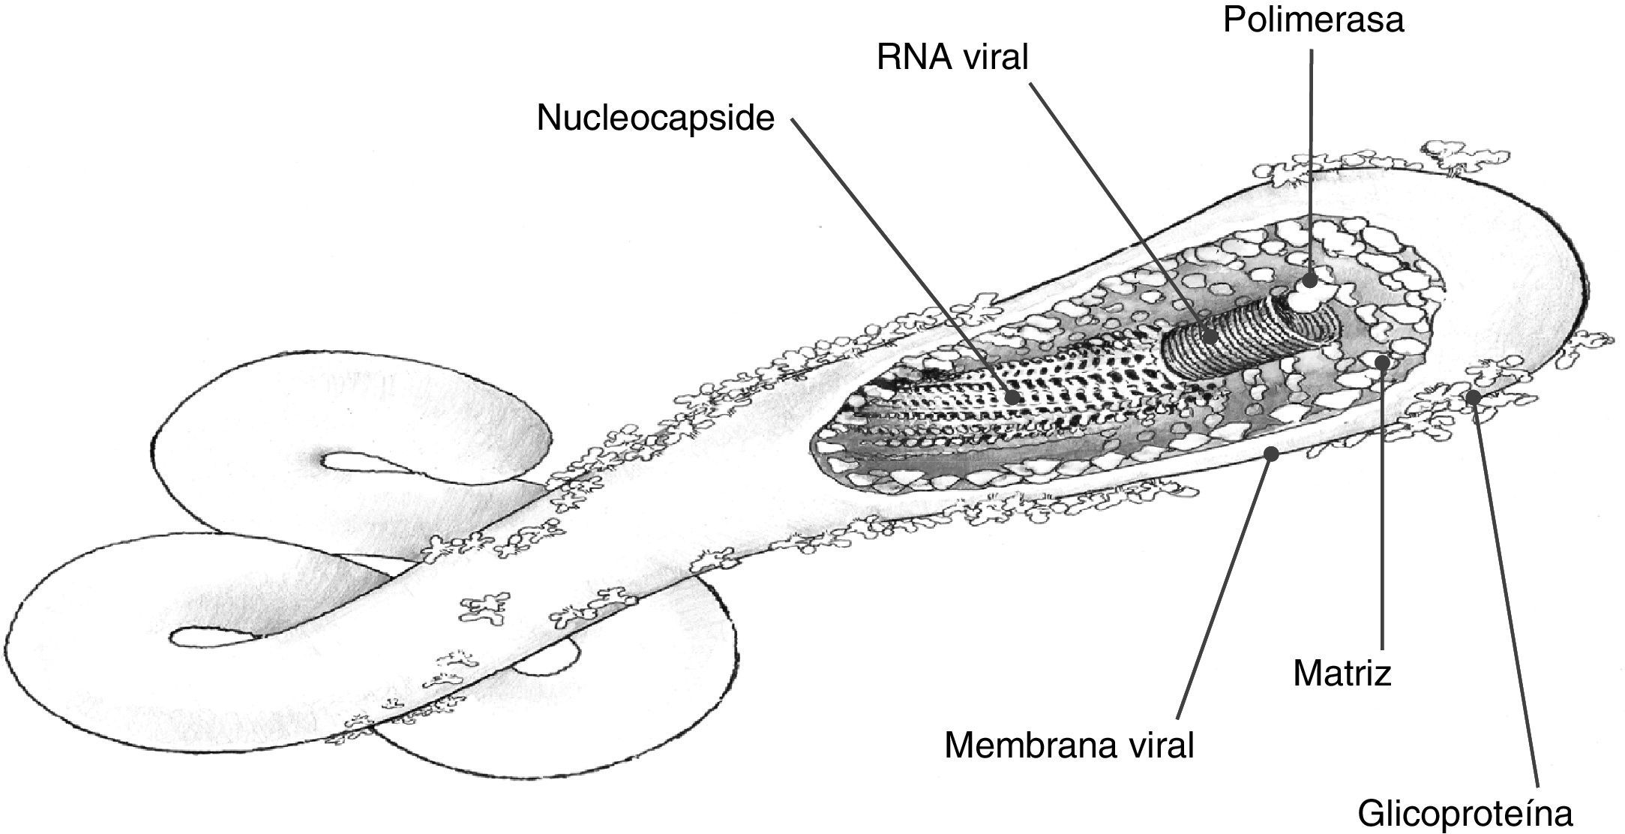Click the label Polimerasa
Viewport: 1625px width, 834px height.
[x=1312, y=20]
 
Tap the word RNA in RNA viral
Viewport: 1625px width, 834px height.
[x=910, y=58]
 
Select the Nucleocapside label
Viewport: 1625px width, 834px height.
[x=655, y=119]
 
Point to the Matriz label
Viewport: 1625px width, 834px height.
[x=1342, y=673]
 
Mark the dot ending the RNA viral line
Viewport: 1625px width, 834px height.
[x=1209, y=336]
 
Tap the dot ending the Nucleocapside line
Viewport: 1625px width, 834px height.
[x=1013, y=397]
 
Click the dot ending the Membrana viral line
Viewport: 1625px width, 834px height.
[x=1271, y=452]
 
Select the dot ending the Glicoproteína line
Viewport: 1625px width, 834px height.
[x=1473, y=397]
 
